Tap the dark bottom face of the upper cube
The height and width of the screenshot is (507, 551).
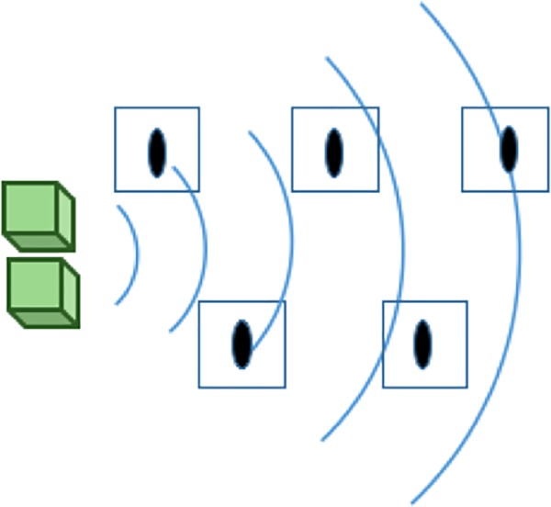[42, 242]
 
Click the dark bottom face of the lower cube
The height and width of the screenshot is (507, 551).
[46, 319]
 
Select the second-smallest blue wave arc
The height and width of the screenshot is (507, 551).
[204, 248]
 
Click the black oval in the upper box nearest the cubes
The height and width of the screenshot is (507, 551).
[157, 152]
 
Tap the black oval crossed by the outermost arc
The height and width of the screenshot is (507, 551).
[509, 149]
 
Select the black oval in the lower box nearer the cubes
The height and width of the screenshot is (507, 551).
[241, 344]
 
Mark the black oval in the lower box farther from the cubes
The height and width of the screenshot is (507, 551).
[422, 344]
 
